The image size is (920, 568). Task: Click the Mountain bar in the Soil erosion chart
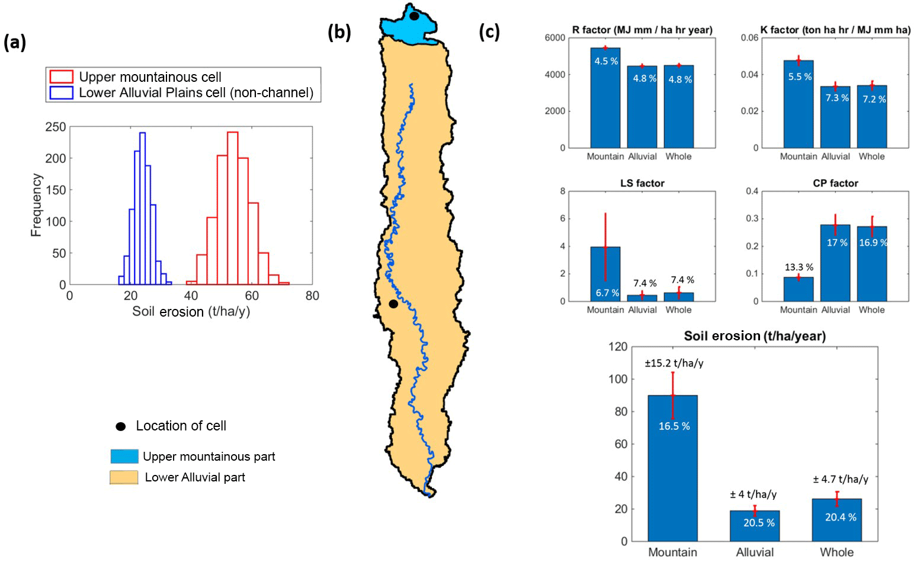coord(672,468)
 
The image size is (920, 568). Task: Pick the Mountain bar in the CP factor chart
coord(798,289)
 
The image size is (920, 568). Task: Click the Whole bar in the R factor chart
coord(678,107)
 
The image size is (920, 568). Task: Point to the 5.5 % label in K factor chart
coord(800,77)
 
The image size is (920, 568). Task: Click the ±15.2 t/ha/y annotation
coord(674,363)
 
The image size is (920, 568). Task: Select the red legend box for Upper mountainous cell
coord(62,77)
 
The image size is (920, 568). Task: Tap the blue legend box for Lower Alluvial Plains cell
coord(62,92)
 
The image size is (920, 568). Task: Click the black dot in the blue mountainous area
coord(414,17)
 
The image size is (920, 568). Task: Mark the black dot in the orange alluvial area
coord(393,304)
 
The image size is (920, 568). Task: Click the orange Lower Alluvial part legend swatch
coord(124,477)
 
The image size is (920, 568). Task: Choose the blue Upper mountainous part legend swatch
coord(124,456)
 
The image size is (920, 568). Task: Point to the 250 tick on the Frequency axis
coord(56,127)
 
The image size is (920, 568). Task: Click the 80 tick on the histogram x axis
coord(312,296)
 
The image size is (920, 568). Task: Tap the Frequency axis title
coord(36,205)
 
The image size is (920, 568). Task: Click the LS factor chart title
coord(642,183)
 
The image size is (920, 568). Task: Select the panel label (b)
coord(339,32)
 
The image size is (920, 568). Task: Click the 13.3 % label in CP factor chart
coord(799,267)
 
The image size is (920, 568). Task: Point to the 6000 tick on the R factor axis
coord(554,38)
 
